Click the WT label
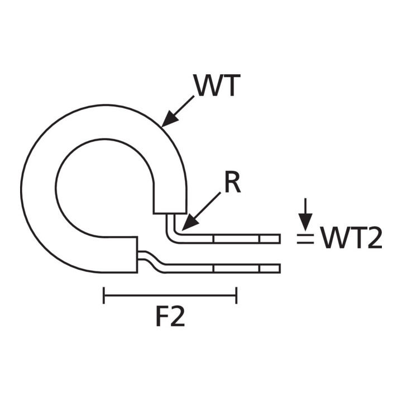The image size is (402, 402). (x=218, y=85)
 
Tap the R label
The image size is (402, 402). (x=232, y=182)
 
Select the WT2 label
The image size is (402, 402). (x=351, y=238)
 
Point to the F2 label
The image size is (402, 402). (x=170, y=315)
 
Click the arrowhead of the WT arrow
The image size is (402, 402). (x=169, y=119)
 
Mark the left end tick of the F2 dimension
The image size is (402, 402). (x=104, y=295)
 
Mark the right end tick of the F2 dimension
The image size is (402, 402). (x=236, y=295)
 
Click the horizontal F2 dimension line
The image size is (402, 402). (x=170, y=295)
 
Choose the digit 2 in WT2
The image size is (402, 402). (x=375, y=238)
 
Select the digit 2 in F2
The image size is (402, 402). (x=178, y=315)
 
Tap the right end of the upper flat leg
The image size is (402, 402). (x=280, y=239)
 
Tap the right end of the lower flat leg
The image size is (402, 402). (x=280, y=268)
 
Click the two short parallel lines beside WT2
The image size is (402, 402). (x=305, y=239)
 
